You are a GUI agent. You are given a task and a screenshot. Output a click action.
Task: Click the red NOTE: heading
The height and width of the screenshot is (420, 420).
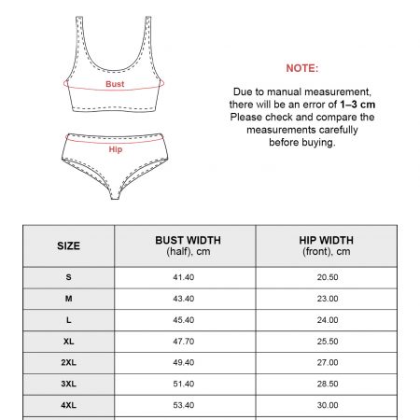[301, 68]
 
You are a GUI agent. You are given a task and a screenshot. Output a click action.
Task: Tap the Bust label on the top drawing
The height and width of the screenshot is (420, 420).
[115, 84]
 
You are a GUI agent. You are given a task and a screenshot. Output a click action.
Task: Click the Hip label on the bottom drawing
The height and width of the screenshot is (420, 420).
[115, 149]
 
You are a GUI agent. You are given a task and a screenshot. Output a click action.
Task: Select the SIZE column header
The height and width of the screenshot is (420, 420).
[69, 246]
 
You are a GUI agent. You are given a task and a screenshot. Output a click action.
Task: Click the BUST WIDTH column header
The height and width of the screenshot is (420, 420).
[185, 245]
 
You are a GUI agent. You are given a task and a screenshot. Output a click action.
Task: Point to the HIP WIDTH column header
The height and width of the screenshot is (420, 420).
[327, 245]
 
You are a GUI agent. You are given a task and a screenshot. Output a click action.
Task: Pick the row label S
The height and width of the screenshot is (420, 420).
[69, 278]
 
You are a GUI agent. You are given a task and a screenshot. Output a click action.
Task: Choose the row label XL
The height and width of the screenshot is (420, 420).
[69, 342]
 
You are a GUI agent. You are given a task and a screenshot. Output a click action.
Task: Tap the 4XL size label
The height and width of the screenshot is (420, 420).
[69, 405]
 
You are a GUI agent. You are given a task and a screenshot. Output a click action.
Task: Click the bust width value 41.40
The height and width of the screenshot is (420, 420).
[185, 278]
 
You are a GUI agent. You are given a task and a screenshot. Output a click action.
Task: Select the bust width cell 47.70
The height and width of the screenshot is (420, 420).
[185, 342]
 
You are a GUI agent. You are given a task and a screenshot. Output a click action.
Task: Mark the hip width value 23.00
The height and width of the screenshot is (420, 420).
[327, 299]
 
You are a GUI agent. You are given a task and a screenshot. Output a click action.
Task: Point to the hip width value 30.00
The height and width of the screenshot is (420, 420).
[327, 405]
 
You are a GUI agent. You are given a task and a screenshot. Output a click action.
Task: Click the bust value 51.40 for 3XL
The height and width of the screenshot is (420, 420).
[185, 384]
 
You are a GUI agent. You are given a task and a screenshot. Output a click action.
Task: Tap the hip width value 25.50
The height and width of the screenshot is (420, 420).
[327, 342]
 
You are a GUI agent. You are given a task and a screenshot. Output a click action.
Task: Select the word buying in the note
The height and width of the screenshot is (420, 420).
[317, 143]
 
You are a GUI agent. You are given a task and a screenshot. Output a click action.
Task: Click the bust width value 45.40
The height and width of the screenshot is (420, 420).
[185, 320]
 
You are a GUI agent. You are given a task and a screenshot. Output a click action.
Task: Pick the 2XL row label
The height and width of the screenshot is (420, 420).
[69, 362]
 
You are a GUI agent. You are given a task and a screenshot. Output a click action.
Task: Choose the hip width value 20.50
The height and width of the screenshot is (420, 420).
[327, 278]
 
